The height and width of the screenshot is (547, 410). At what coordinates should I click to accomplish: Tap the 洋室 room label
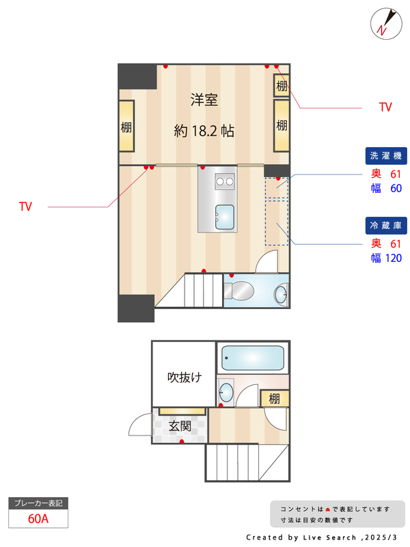point(204,101)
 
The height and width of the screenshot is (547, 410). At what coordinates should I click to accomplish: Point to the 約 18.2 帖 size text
point(204,131)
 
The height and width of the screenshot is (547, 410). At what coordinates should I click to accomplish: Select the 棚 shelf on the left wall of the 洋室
point(127,126)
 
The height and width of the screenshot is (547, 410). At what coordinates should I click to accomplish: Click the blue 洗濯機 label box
point(387,156)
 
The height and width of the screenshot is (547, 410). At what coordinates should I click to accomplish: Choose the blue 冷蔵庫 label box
point(387,225)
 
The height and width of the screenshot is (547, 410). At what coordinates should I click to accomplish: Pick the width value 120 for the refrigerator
point(393,258)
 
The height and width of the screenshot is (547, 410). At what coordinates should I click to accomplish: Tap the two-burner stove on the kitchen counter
point(224,181)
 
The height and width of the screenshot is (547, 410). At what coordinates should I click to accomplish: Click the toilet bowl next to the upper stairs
point(239,291)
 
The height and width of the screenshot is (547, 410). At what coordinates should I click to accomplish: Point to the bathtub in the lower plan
point(253,358)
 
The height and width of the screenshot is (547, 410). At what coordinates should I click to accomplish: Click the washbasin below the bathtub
point(226,392)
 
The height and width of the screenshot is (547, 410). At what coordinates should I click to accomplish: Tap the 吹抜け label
point(184,377)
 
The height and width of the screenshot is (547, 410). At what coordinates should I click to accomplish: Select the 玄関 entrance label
point(180,426)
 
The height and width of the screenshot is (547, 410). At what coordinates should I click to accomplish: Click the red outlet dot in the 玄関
point(182,442)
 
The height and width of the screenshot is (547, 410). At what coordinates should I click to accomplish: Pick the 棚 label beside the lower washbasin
point(274,399)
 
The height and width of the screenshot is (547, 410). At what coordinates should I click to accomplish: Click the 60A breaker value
point(38,518)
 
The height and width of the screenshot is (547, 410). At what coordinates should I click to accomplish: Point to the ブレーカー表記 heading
point(38,503)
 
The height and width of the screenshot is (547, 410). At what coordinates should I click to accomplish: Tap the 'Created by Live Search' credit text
point(321,537)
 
